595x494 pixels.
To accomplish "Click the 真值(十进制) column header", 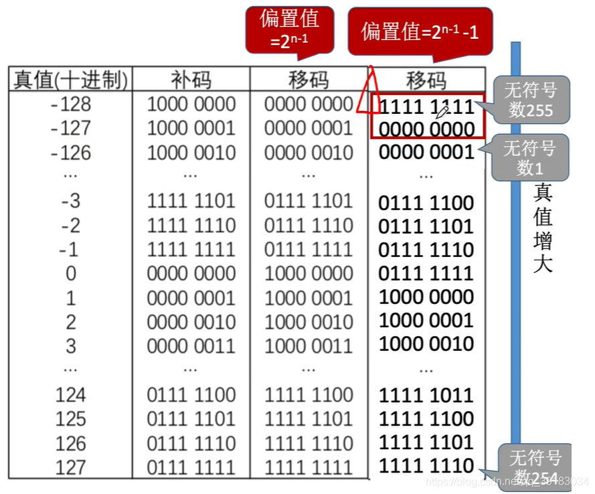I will coord(71,80).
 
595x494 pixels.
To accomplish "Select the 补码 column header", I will coord(191,80).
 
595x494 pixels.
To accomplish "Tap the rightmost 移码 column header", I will coord(426,80).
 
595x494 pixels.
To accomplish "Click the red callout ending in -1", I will coord(420,31).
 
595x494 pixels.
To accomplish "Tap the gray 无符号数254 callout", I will coord(535,467).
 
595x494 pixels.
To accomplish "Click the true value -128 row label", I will coord(71,104).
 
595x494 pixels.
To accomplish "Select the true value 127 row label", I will coord(71,467).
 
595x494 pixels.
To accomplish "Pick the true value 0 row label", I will coord(71,273).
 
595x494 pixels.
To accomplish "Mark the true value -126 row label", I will coord(71,153).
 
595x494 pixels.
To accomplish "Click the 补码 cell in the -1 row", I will coord(191,249).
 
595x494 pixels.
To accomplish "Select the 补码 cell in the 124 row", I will coord(191,395).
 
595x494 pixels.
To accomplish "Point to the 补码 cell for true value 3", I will coord(191,345).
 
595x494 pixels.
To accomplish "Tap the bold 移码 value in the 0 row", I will coord(426,273).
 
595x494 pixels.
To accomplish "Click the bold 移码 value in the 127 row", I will coord(426,466).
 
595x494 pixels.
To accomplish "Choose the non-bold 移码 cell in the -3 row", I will coord(308,201).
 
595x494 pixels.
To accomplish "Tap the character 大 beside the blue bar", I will coord(543,263).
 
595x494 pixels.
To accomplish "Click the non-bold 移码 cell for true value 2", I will coord(308,322).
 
